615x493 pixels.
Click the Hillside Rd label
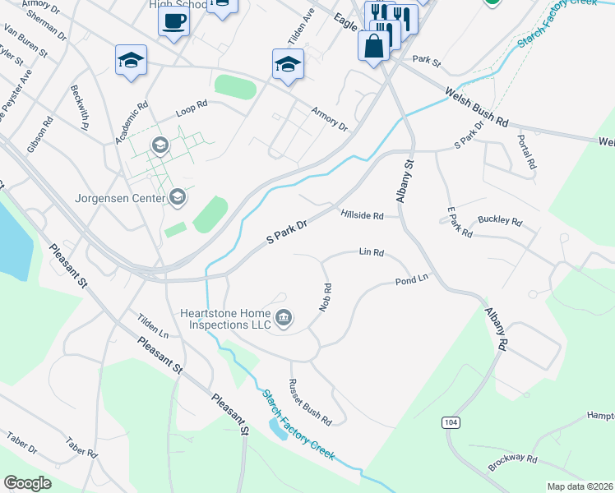click(362, 215)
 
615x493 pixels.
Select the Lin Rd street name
click(372, 252)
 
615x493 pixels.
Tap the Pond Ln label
click(412, 279)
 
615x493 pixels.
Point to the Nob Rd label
click(326, 297)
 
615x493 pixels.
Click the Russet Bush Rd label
click(310, 402)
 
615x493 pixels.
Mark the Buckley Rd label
click(500, 222)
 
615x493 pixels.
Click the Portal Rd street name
click(527, 153)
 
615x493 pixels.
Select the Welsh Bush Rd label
click(477, 107)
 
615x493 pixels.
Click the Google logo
click(28, 482)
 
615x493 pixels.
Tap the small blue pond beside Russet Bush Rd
click(278, 428)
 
